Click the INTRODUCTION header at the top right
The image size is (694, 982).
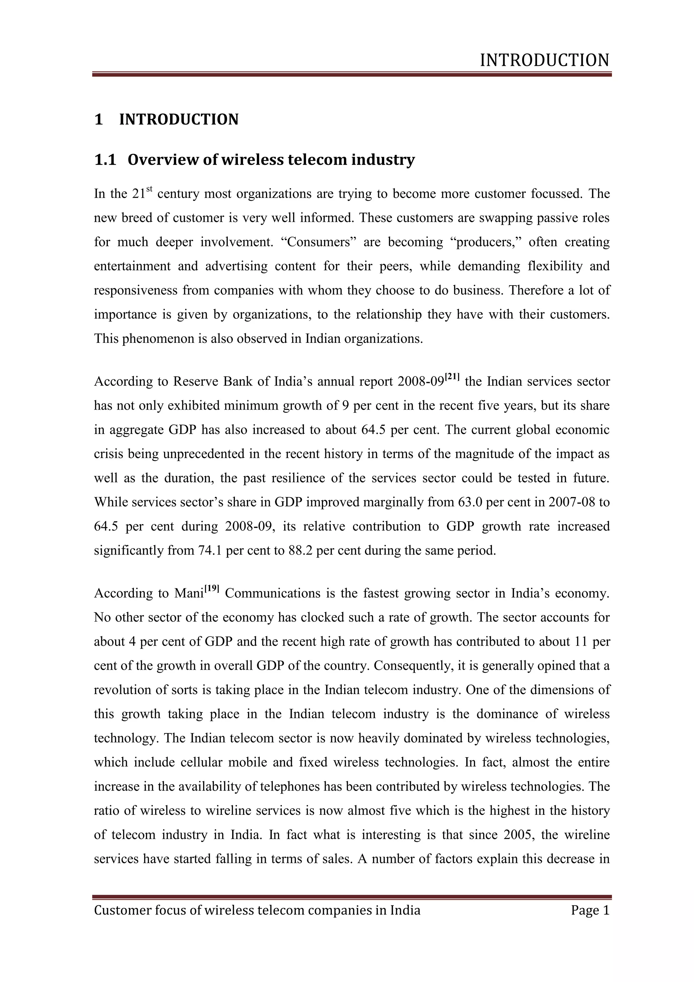point(545,60)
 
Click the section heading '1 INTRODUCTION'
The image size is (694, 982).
point(166,119)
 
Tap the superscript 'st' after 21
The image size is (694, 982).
point(149,189)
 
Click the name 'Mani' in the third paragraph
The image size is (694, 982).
point(188,594)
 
